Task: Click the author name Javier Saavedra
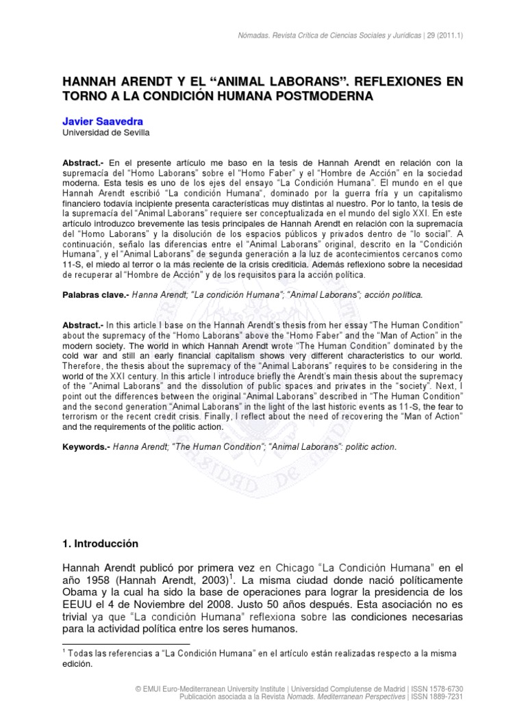(x=103, y=121)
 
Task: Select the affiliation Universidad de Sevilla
(x=105, y=133)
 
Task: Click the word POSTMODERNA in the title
(x=321, y=97)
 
